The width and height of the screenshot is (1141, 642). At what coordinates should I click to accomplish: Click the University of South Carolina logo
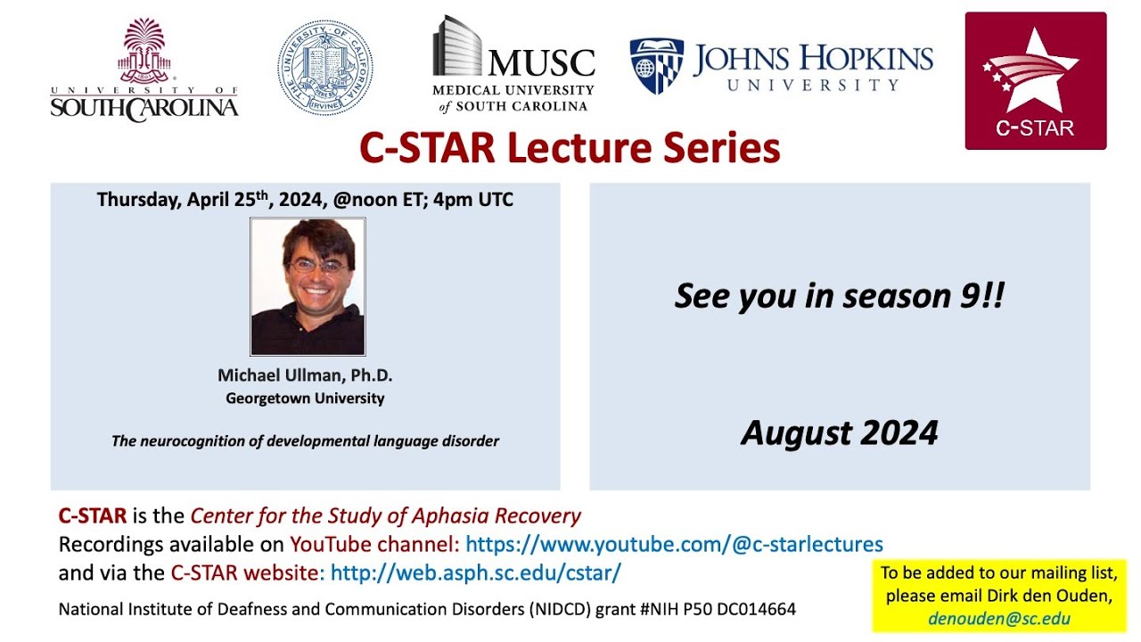(144, 70)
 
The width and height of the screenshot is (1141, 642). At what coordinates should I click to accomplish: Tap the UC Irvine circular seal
(325, 67)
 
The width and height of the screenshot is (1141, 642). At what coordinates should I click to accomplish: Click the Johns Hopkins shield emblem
(657, 66)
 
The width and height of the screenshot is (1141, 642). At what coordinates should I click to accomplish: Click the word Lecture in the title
(579, 148)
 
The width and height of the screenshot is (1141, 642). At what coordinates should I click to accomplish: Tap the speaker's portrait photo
(308, 286)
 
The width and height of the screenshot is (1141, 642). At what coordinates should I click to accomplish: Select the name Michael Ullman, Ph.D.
(305, 375)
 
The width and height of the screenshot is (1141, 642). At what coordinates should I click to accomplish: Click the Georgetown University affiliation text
(305, 398)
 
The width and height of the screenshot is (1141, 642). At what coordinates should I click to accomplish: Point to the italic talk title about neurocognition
(305, 440)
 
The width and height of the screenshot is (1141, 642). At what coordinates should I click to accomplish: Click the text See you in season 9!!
(840, 295)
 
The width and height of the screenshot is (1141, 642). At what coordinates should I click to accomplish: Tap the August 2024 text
(840, 432)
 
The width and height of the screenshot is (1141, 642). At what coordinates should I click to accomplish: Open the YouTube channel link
(674, 544)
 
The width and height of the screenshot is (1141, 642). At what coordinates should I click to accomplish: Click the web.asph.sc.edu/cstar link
(476, 572)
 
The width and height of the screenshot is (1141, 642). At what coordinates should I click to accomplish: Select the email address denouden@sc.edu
(999, 619)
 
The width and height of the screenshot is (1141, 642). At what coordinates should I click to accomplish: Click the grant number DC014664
(757, 609)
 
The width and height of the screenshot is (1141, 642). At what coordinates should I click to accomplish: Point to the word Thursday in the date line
(139, 199)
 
